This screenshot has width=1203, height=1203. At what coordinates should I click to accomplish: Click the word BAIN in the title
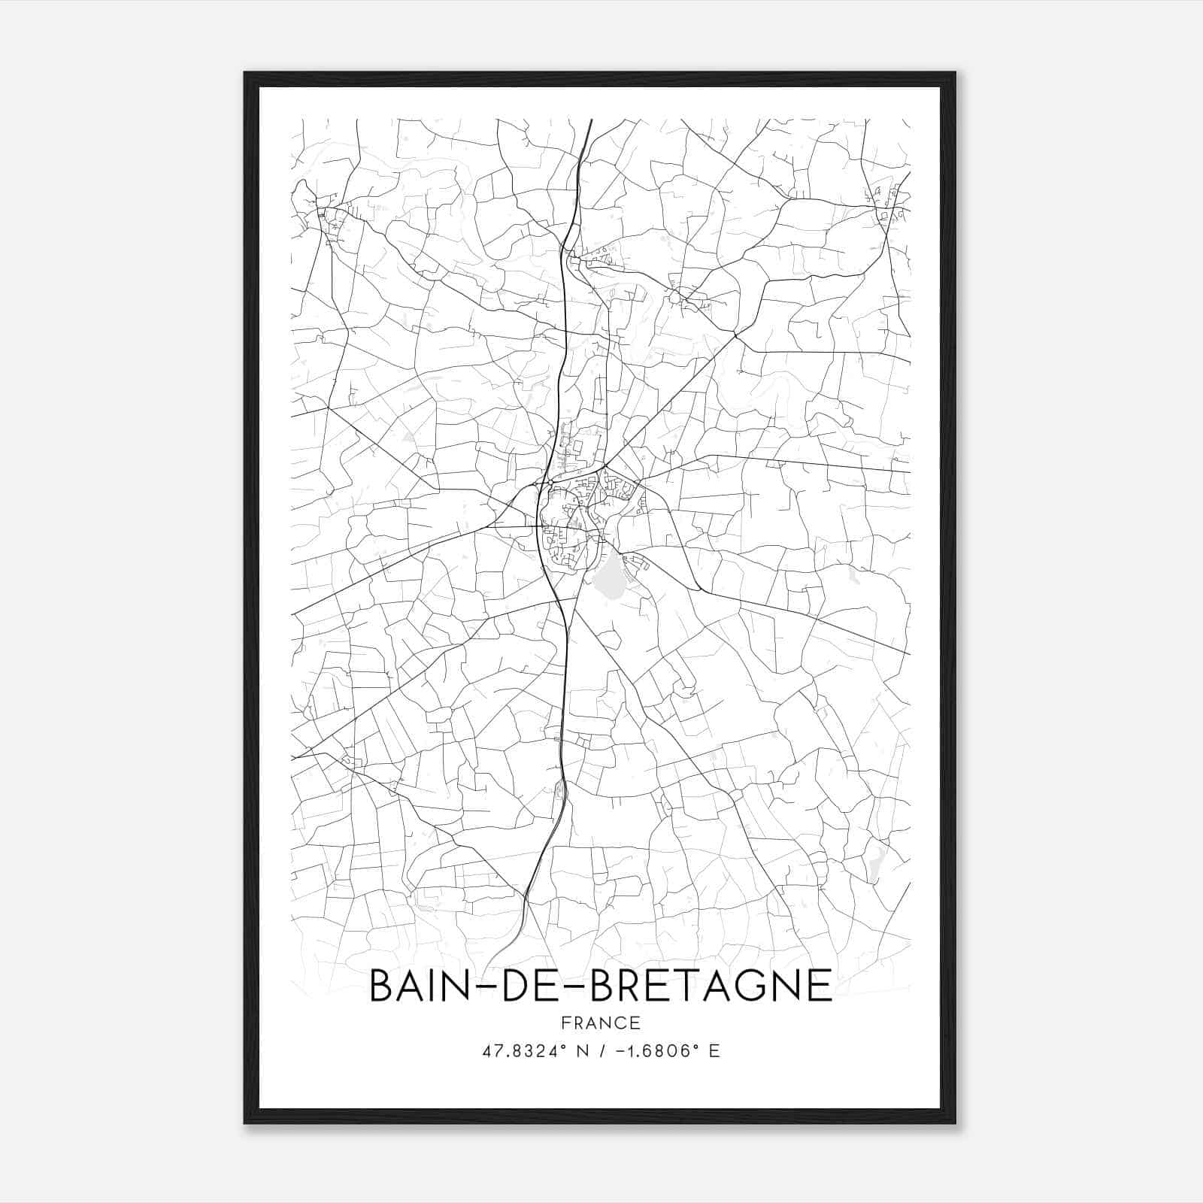tap(417, 986)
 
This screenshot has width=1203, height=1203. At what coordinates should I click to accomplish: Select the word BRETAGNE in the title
tap(711, 986)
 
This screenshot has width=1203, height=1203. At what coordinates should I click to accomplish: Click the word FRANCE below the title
tap(600, 1023)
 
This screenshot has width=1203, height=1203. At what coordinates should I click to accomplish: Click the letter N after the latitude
tap(580, 1051)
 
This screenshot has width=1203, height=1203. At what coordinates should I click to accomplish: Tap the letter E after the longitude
tap(714, 1051)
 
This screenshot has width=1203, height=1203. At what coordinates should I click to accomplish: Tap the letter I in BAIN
tap(438, 986)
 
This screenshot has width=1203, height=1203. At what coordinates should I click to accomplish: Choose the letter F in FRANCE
tap(565, 1023)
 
